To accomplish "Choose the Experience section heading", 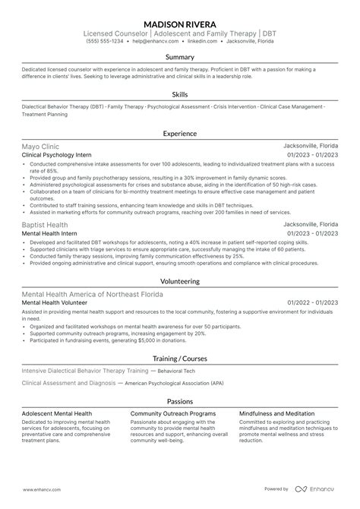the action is click(x=180, y=133).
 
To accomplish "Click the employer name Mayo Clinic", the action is click(x=40, y=146).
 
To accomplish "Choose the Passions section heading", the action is click(x=180, y=401).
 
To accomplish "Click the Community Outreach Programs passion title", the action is click(x=169, y=414).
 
